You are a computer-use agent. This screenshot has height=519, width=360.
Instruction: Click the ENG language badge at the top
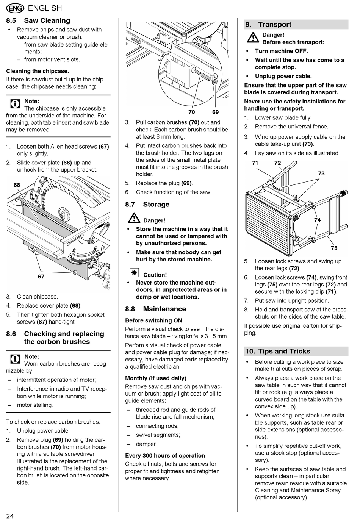(x=15, y=8)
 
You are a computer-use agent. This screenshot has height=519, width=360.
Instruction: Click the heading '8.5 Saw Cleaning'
(x=38, y=20)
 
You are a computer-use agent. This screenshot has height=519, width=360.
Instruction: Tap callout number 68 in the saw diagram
(x=17, y=185)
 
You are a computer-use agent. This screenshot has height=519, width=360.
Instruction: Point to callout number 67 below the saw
(x=41, y=277)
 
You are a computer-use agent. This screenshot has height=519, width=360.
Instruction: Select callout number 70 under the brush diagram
(x=192, y=112)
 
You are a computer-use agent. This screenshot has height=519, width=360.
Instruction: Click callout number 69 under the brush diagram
(x=216, y=112)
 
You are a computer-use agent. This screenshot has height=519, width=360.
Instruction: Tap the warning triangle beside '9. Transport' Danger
(x=252, y=38)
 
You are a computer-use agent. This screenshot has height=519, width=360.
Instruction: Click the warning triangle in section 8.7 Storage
(x=134, y=219)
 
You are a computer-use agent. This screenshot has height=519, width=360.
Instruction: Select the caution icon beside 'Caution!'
(x=134, y=273)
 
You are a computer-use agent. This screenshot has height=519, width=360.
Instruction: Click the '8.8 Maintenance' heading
(x=155, y=309)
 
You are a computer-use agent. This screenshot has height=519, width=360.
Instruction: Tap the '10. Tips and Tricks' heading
(x=278, y=351)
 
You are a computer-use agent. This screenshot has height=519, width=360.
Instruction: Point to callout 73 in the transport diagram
(x=321, y=174)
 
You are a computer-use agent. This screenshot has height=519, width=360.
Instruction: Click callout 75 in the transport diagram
(x=334, y=248)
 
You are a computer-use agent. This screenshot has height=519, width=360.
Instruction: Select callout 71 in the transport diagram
(x=255, y=163)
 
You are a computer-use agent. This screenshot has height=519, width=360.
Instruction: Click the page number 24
(x=10, y=516)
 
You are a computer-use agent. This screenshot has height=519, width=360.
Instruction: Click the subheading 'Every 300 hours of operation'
(x=165, y=455)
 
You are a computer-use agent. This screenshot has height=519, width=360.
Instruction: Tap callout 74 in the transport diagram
(x=317, y=220)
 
